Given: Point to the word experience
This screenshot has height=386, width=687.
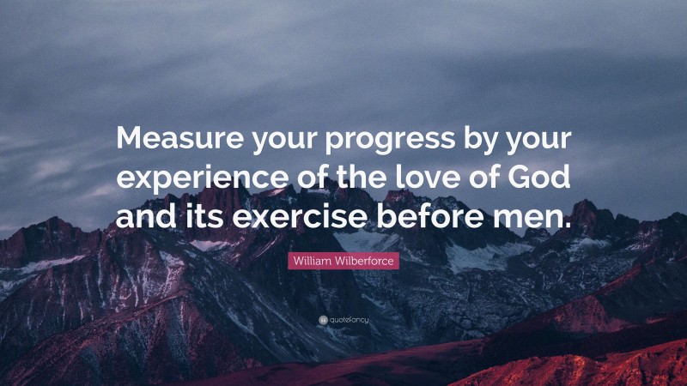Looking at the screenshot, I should (x=191, y=178).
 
